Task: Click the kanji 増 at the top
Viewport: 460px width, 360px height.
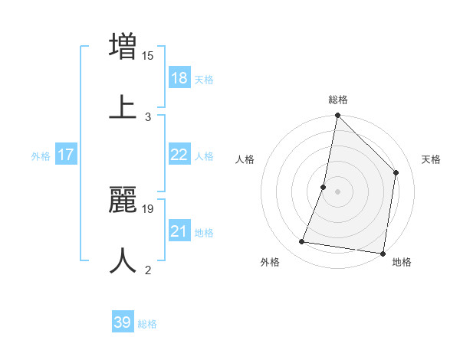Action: click(x=123, y=46)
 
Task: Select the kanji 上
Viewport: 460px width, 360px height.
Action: click(x=123, y=106)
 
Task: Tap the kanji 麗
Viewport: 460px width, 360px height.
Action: click(x=123, y=198)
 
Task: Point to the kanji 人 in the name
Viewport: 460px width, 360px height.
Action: click(x=123, y=260)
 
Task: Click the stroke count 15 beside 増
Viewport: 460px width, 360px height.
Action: click(x=148, y=54)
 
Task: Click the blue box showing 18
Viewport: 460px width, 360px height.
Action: click(x=179, y=78)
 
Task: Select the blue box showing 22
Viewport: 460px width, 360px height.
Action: click(x=179, y=155)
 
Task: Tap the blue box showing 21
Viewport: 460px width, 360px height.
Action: click(x=179, y=231)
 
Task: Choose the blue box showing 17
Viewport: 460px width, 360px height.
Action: click(x=66, y=155)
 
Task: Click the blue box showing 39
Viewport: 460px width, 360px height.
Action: click(x=122, y=322)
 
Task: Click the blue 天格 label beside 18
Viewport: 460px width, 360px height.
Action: click(x=204, y=80)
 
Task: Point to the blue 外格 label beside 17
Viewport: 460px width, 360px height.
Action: click(x=41, y=156)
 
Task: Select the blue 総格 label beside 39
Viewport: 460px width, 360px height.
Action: click(x=147, y=324)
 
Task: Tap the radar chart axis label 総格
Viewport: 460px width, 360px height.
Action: click(x=338, y=100)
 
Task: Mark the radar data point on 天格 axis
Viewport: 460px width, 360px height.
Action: click(x=396, y=172)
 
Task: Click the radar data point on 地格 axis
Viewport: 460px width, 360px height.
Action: click(x=383, y=253)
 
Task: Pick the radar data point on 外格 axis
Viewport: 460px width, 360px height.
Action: click(x=302, y=242)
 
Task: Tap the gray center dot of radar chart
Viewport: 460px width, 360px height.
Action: click(x=337, y=191)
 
